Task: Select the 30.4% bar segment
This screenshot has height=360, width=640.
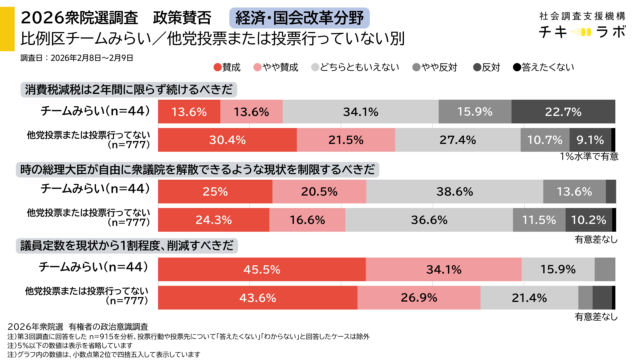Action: point(228,139)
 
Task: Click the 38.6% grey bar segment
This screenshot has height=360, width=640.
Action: point(457,190)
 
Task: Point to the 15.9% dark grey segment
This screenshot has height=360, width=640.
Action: point(476,111)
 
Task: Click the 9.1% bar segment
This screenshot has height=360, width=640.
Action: point(590,139)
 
